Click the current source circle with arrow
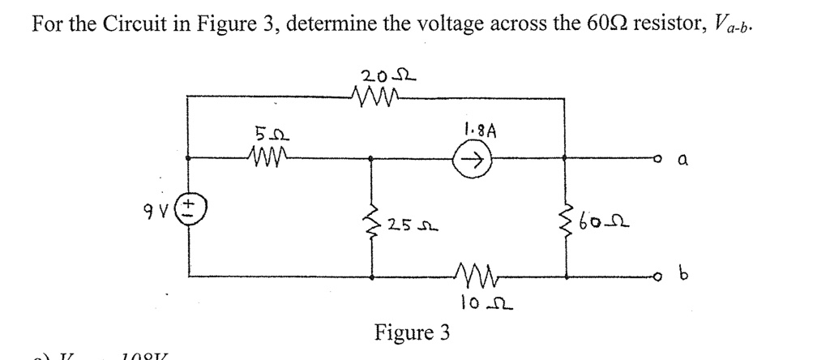click(x=472, y=160)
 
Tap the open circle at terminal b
click(x=663, y=277)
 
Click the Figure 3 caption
click(x=413, y=332)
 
